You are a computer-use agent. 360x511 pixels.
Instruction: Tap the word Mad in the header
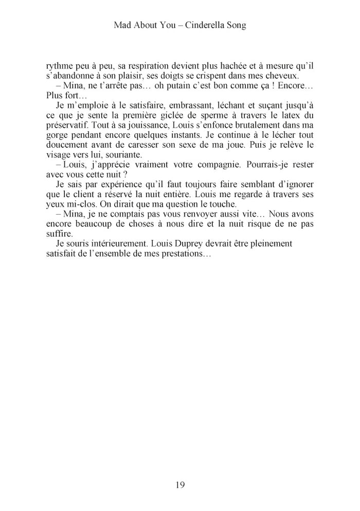point(122,25)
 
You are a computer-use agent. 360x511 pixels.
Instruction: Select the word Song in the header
point(236,25)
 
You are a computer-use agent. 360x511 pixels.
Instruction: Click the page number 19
point(180,484)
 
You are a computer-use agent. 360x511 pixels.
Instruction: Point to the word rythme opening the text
point(59,66)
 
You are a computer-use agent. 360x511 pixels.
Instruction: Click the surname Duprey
point(209,242)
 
